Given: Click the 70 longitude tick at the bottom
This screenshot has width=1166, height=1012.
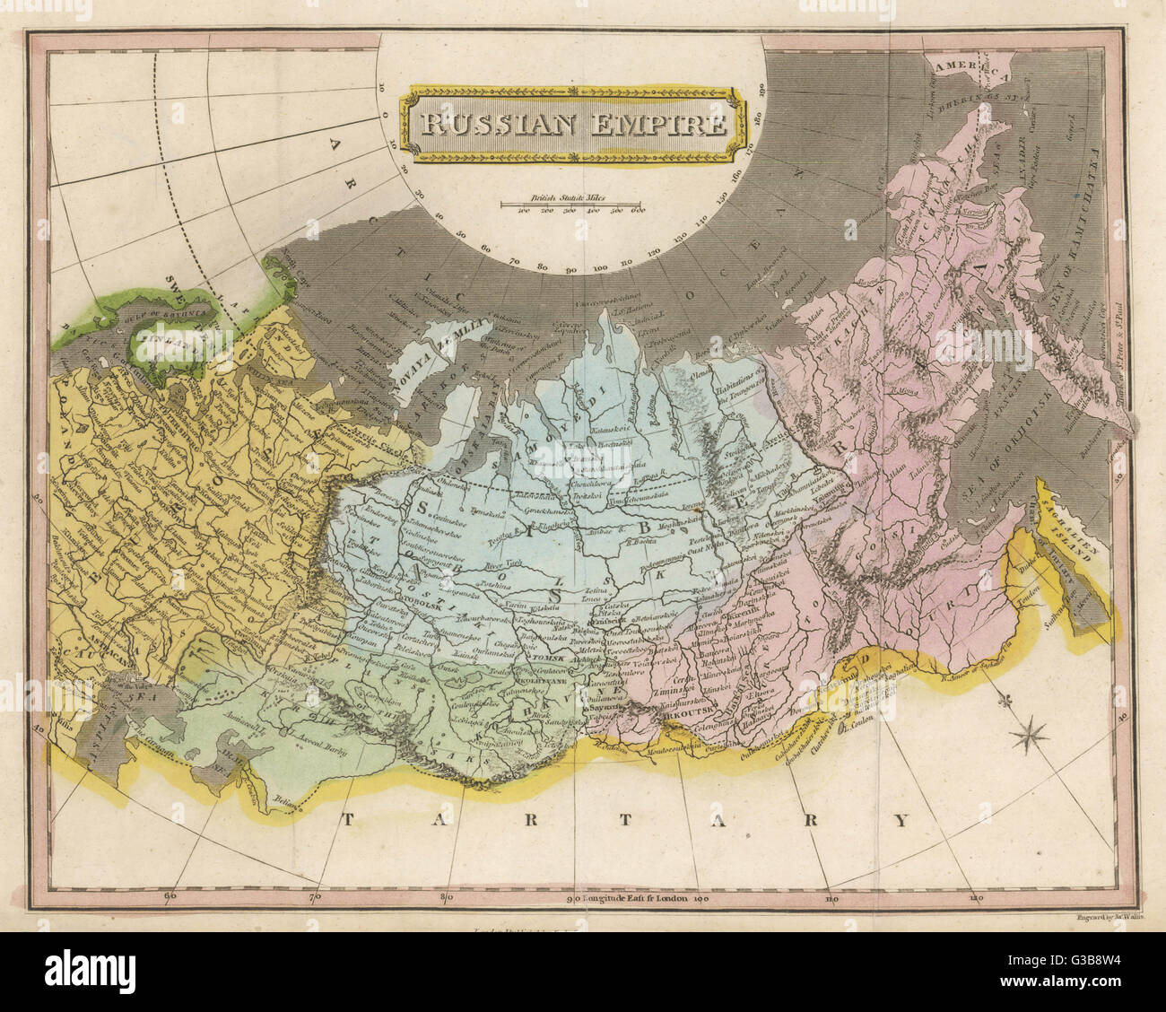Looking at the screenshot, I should pyautogui.click(x=313, y=894).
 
